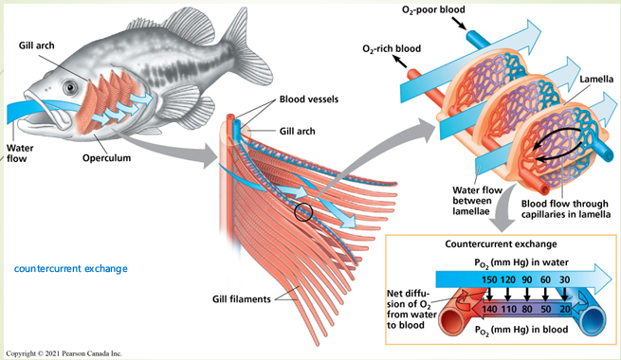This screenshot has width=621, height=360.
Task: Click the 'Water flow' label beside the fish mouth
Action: click(21, 153)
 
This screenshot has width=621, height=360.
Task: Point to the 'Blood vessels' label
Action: click(306, 99)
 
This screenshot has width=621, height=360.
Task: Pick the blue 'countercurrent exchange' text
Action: click(70, 268)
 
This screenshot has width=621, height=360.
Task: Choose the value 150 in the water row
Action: click(490, 280)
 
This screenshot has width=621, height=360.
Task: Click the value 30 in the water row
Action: click(565, 280)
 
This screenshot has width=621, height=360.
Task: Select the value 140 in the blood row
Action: click(490, 309)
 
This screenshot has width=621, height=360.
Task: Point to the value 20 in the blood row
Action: click(565, 309)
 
